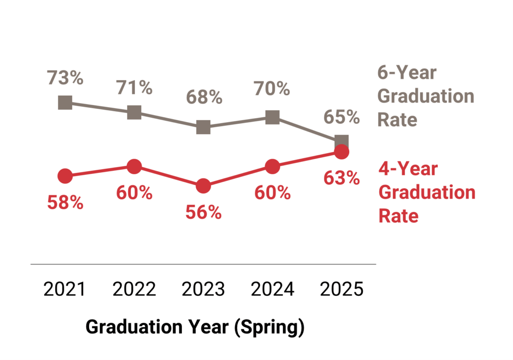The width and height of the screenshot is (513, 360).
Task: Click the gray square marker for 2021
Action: tap(65, 103)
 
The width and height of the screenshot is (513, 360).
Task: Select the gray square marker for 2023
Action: tap(203, 127)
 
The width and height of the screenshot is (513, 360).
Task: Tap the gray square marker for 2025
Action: tap(342, 141)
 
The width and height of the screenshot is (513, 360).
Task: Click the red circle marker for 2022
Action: tap(134, 166)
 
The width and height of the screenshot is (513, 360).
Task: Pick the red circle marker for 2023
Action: tap(203, 186)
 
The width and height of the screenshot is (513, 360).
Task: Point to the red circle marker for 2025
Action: tap(342, 152)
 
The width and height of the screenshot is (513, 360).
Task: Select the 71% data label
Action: tap(134, 88)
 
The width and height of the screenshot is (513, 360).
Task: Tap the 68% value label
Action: tap(203, 97)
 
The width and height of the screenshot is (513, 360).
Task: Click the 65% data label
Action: tap(342, 117)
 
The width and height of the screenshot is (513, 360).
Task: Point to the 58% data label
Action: tap(65, 202)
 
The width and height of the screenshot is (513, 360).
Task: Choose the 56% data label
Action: tap(203, 212)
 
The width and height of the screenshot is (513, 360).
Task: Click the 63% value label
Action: tap(342, 178)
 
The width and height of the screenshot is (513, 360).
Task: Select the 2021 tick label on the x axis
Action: tap(65, 289)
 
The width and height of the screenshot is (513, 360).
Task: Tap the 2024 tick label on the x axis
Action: tap(272, 289)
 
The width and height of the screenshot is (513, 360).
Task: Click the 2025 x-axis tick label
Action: tap(342, 289)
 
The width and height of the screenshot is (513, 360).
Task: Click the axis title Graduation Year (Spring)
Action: tap(195, 327)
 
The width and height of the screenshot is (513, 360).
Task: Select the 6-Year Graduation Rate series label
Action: tap(425, 96)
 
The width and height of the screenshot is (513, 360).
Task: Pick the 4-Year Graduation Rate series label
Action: tap(426, 192)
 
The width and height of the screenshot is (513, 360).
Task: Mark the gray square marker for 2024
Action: tap(272, 118)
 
